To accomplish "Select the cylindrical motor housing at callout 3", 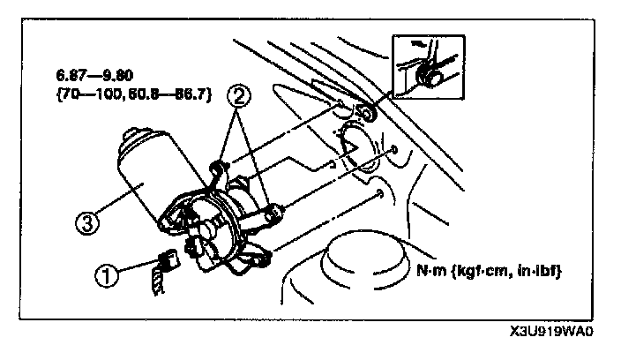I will pos(146,181).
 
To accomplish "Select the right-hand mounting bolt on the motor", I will pos(274,211).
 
